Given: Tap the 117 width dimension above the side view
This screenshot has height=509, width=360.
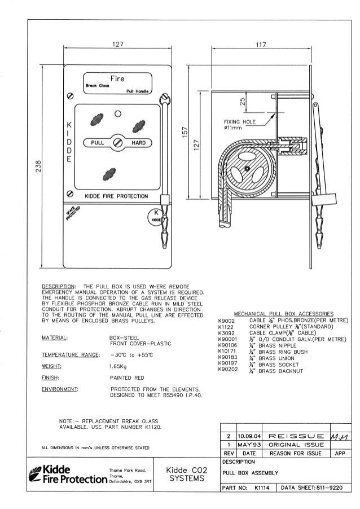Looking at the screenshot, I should click(259, 45).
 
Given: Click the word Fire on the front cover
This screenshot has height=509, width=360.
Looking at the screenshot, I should click(117, 78).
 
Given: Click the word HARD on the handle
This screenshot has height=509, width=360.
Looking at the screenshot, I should click(139, 143).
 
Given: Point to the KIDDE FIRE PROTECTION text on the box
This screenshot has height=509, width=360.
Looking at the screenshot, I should click(116, 196).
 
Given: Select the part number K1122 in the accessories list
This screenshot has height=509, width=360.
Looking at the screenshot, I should click(226, 326).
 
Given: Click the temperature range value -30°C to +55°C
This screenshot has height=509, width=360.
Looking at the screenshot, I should click(134, 355).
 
